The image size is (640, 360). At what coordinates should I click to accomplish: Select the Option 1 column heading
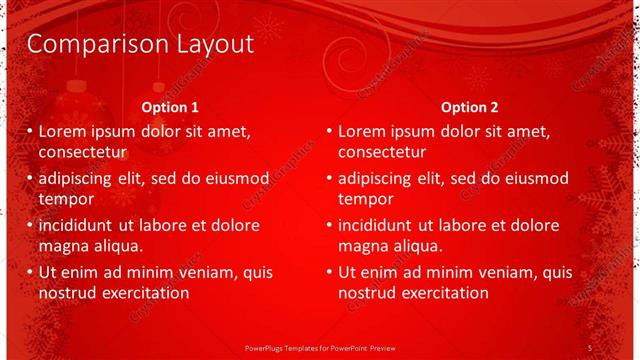pos(170,107)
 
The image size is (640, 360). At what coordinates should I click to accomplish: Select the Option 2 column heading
pos(469,107)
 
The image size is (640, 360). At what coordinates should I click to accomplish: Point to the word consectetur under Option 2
pos(382,153)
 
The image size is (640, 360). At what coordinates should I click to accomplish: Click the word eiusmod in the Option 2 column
pos(533,178)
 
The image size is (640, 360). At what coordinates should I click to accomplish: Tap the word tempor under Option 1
pos(65,199)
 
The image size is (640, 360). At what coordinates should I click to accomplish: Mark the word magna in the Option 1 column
pos(64,246)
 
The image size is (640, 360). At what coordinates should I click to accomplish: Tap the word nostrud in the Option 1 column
pos(66,293)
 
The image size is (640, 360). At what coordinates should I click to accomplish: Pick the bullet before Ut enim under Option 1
pos(29,272)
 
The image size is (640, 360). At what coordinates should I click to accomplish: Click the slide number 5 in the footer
pos(590,346)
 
